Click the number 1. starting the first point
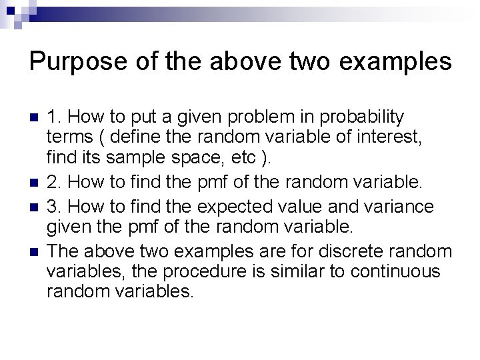pos(55,118)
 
